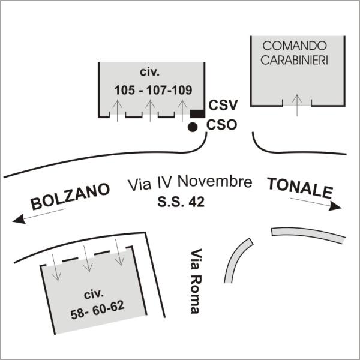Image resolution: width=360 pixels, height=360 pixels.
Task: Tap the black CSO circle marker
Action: pyautogui.click(x=193, y=127)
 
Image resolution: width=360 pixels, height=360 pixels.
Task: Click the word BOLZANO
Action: pyautogui.click(x=70, y=197)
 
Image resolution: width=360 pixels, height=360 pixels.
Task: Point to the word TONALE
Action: pyautogui.click(x=300, y=188)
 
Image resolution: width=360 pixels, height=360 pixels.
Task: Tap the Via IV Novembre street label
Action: pyautogui.click(x=190, y=182)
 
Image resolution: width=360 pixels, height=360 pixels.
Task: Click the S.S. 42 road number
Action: pyautogui.click(x=181, y=203)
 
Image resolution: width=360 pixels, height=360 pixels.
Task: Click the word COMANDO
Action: pyautogui.click(x=295, y=46)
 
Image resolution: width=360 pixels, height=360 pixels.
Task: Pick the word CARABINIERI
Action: pyautogui.click(x=295, y=60)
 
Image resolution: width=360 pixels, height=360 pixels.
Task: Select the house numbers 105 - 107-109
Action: pyautogui.click(x=153, y=91)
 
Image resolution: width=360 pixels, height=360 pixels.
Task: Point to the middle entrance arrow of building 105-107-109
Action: pyautogui.click(x=150, y=110)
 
